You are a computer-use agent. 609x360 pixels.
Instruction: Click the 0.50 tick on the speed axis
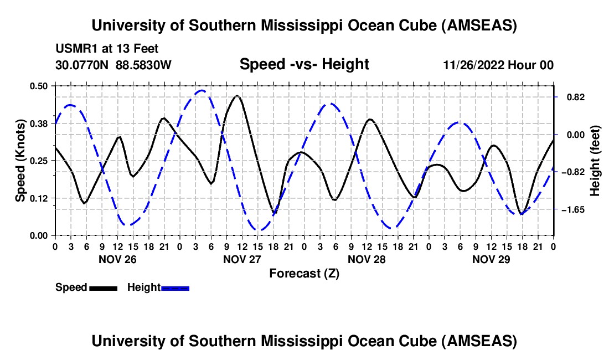coord(39,86)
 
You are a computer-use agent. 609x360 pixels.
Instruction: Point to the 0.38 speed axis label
coord(39,124)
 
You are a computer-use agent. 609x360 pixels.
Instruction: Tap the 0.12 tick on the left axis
coord(39,198)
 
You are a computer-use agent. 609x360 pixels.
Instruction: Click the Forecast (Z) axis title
coord(303,273)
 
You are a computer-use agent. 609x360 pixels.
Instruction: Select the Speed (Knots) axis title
coord(21,161)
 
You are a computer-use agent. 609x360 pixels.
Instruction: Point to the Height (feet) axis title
coord(595,161)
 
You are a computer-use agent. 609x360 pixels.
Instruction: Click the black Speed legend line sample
coord(103,288)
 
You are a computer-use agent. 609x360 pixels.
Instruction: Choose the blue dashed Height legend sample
coord(175,288)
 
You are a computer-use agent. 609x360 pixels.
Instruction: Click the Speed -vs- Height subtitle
coord(304,64)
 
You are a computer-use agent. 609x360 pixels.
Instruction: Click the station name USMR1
coord(73,49)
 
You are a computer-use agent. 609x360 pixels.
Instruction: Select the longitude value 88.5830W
coord(144,65)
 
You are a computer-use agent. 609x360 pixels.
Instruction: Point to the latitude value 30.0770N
coord(82,65)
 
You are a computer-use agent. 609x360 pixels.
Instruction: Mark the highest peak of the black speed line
coord(238,96)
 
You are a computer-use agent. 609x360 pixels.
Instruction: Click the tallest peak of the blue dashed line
coord(202,90)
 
